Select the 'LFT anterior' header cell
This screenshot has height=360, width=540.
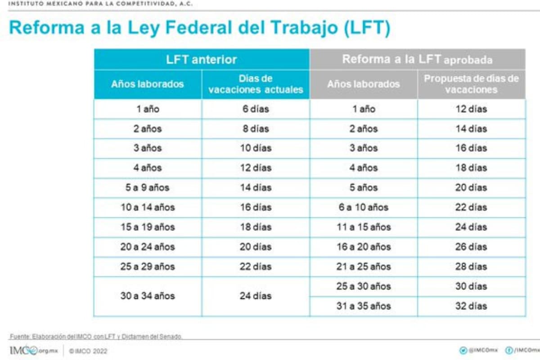201,59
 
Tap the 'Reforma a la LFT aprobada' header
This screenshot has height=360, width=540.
417,59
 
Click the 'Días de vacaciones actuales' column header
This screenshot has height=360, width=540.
256,84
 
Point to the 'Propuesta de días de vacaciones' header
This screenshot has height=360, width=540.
471,84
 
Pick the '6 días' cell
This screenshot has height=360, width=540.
256,109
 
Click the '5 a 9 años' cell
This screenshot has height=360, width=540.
148,188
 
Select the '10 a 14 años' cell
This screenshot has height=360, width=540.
148,207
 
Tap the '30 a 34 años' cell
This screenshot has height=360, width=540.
148,296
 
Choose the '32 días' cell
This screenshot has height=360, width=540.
471,306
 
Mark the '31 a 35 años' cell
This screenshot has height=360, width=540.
364,306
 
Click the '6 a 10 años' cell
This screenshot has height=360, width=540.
364,207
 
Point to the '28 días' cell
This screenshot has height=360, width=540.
471,266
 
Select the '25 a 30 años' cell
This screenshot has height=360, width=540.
364,286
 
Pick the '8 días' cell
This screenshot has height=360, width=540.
256,129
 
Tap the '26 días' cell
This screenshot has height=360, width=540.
471,247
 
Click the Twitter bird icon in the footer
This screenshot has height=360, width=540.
462,351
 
